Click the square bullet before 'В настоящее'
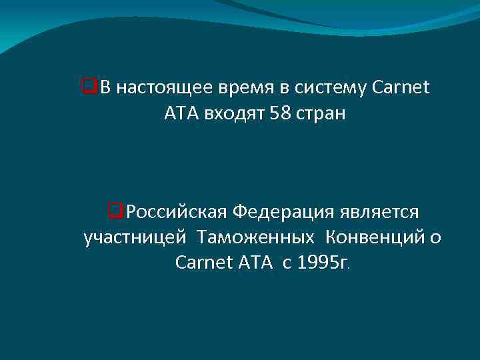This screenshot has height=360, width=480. pos(85,87)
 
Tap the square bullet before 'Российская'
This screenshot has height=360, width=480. pos(114,212)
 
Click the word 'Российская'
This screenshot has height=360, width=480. pos(175,213)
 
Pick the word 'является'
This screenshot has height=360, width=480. pos(379,213)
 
